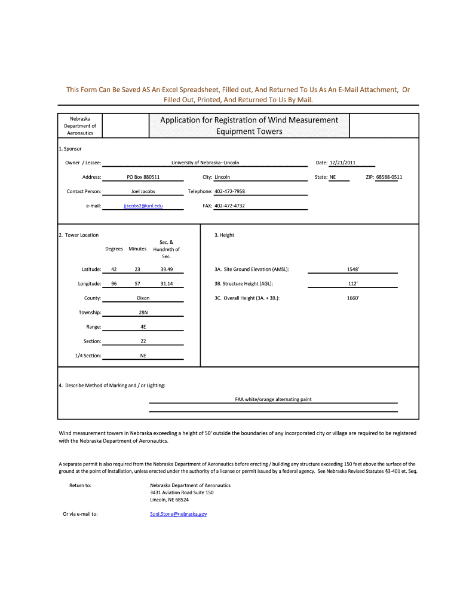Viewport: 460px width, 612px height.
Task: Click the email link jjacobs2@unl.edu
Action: pos(143,206)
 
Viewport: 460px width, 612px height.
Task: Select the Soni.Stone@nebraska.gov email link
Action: pos(178,513)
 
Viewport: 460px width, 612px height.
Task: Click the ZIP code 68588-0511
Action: pos(385,177)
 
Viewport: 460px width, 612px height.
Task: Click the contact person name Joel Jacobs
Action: pos(143,191)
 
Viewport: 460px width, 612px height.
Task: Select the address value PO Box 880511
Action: pos(143,177)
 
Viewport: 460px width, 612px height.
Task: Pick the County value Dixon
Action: pos(143,298)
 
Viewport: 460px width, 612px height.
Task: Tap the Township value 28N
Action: pos(143,313)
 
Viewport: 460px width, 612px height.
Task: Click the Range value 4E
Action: pos(143,327)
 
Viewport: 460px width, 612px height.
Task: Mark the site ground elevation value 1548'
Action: pos(352,269)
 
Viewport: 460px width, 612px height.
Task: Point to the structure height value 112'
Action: pos(352,283)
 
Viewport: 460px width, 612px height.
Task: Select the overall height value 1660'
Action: pos(352,298)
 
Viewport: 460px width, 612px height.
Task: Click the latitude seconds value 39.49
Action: pos(166,269)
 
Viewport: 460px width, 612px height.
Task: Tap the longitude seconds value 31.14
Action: pos(166,283)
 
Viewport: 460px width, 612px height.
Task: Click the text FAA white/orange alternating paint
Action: pos(273,399)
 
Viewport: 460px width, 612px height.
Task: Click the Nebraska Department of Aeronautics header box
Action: pos(80,126)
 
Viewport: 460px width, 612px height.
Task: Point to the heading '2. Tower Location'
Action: pos(79,235)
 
